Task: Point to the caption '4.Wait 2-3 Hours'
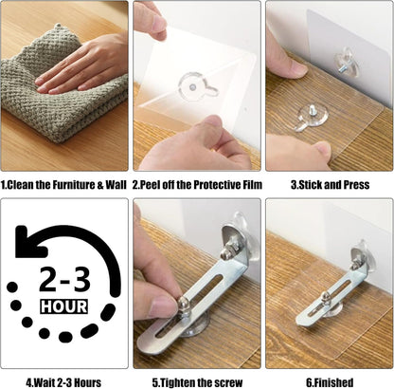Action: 63,382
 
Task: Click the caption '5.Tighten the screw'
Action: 196,382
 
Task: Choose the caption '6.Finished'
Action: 329,382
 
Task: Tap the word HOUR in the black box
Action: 64,306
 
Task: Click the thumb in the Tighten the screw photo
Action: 156,304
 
